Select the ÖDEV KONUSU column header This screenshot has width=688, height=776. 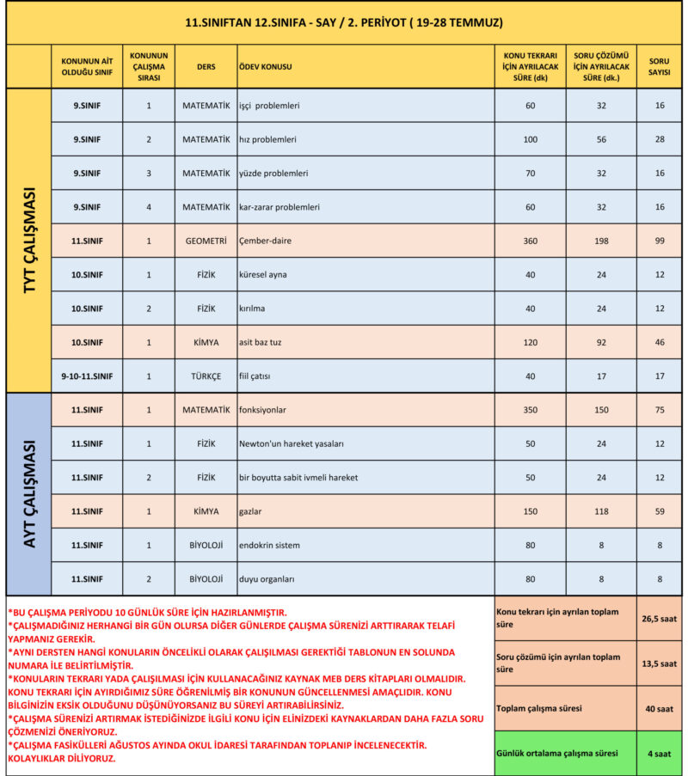pos(267,66)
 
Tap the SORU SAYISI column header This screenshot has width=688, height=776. pos(659,66)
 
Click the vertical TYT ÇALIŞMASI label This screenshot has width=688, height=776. pos(28,240)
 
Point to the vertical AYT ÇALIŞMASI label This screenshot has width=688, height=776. pos(28,493)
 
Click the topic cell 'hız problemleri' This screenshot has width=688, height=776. pos(267,139)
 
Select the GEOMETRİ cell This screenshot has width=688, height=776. pos(206,241)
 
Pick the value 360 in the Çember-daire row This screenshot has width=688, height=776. pos(530,241)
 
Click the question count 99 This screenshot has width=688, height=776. pos(660,241)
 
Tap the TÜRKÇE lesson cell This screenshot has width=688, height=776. pos(206,376)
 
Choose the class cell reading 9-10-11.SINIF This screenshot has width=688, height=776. pos(87,376)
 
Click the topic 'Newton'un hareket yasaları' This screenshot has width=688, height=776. pos(291,443)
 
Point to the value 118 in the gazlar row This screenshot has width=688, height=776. pos(601,511)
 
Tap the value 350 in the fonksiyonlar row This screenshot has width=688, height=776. pos(530,410)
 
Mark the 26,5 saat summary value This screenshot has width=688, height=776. pos(660,618)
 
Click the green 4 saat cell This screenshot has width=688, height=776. pos(660,753)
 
